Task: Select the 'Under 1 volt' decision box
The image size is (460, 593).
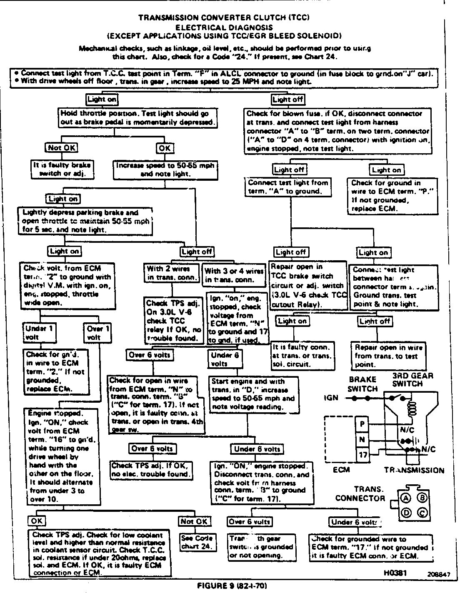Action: click(x=39, y=332)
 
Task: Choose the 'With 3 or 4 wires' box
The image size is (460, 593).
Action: click(x=234, y=275)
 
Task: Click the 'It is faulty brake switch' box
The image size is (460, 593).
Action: click(x=62, y=169)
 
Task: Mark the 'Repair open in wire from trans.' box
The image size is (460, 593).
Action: click(x=389, y=356)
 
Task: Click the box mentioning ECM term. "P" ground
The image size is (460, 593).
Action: click(x=393, y=196)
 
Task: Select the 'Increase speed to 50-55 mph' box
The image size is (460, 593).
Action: click(x=165, y=170)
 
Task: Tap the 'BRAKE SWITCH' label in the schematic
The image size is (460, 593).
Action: click(x=362, y=384)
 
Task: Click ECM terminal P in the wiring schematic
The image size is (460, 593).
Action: click(x=362, y=424)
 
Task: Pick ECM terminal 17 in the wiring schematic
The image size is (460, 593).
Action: click(x=362, y=455)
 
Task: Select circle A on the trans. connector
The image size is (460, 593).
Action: click(x=405, y=498)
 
